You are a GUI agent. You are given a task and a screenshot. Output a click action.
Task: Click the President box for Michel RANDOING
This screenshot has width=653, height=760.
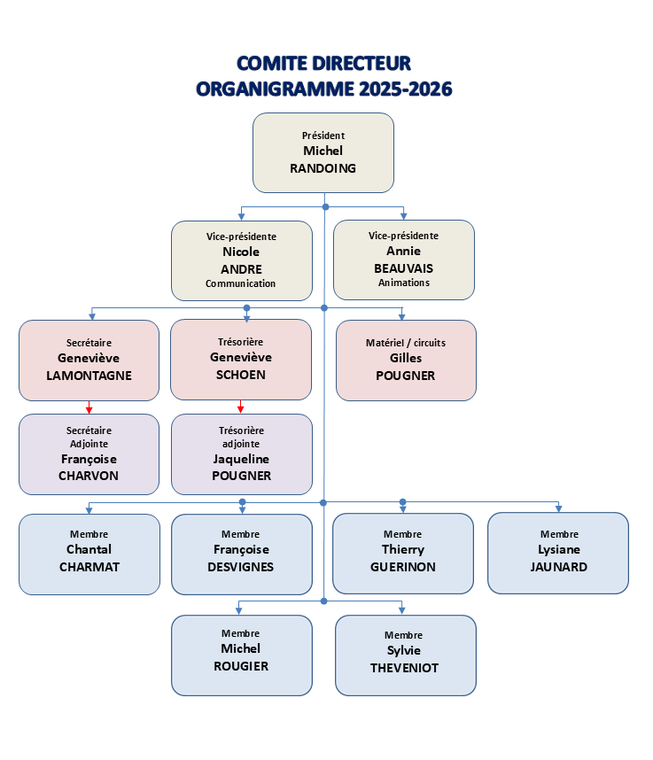coord(323,152)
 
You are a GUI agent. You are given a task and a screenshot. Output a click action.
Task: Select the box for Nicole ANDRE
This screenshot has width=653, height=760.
coord(241,260)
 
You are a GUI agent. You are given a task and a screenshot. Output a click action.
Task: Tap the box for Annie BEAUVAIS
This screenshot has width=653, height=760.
coord(403,260)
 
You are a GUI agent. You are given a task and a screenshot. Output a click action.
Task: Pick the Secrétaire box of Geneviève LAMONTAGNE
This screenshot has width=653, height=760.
coord(89,360)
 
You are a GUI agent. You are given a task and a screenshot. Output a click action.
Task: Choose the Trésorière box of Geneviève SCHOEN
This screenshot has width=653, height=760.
coord(240,359)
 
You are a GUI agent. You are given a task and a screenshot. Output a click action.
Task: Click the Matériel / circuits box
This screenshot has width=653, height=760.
coord(406,360)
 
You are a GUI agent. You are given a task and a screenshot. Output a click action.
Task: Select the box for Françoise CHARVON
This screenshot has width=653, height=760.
coord(89,454)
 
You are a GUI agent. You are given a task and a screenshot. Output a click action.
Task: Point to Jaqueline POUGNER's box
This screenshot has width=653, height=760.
coord(241,454)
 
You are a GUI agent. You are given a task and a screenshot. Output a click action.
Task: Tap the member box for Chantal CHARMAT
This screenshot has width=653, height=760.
coord(89,554)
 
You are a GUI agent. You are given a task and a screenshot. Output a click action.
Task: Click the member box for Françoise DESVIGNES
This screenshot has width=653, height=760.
coord(241,554)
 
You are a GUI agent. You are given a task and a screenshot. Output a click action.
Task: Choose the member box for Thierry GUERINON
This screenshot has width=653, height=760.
coord(402,554)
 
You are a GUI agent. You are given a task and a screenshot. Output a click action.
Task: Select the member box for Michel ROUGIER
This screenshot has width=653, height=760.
coord(241,655)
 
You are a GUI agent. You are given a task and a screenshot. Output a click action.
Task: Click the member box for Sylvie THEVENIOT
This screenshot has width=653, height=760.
coord(405,655)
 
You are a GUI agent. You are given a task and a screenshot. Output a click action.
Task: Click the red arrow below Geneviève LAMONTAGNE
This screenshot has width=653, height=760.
coord(89,407)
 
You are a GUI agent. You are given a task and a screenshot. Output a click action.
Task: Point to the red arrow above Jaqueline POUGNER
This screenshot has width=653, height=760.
coord(240,407)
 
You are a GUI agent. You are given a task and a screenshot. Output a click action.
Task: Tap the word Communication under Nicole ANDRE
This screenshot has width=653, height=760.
coord(241,284)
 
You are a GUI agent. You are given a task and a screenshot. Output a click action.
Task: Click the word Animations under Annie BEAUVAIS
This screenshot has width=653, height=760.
coord(403,283)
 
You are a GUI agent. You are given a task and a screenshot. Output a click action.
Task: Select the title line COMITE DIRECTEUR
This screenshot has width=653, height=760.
coord(323,64)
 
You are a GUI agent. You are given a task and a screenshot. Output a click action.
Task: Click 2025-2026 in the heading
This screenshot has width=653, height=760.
coord(405,89)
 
